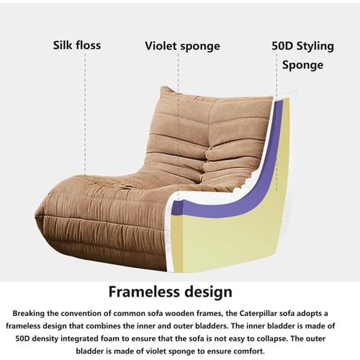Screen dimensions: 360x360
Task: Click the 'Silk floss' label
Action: (x=77, y=45)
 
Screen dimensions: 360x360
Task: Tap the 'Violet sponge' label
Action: (x=182, y=46)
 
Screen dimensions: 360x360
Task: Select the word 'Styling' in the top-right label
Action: (x=315, y=46)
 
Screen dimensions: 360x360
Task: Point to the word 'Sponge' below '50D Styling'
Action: (x=302, y=65)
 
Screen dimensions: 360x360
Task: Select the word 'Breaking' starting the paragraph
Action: (x=28, y=313)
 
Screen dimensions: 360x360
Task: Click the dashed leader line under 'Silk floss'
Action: (x=85, y=114)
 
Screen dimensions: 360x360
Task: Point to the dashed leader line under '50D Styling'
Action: (x=276, y=122)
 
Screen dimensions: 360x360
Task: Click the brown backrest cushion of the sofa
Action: (x=211, y=135)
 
